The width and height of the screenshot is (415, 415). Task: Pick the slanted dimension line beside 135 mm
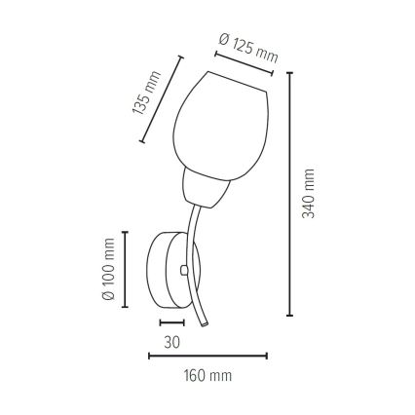(163, 98)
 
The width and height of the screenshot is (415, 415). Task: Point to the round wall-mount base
(167, 267)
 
